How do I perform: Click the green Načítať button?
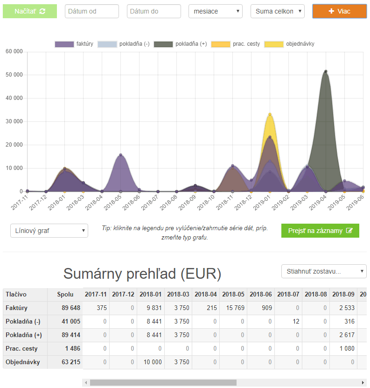pyautogui.click(x=30, y=11)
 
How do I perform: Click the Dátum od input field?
pyautogui.click(x=92, y=11)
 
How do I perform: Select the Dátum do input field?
pyautogui.click(x=154, y=11)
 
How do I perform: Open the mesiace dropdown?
pyautogui.click(x=216, y=11)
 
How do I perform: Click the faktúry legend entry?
pyautogui.click(x=74, y=44)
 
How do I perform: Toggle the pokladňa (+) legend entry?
pyautogui.click(x=180, y=44)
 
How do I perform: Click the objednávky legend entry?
pyautogui.click(x=289, y=44)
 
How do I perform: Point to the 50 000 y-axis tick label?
pyautogui.click(x=14, y=75)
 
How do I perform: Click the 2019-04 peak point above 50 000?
pyautogui.click(x=326, y=71)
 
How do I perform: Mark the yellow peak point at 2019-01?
pyautogui.click(x=270, y=114)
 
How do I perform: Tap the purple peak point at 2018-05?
pyautogui.click(x=121, y=155)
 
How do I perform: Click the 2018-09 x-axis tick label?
pyautogui.click(x=187, y=203)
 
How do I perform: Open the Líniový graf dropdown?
pyautogui.click(x=49, y=231)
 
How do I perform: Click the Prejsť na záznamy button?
pyautogui.click(x=320, y=231)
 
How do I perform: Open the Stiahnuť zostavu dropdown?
pyautogui.click(x=324, y=271)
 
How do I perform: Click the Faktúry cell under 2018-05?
pyautogui.click(x=233, y=308)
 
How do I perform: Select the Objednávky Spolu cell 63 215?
pyautogui.click(x=65, y=362)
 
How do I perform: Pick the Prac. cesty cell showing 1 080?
pyautogui.click(x=343, y=348)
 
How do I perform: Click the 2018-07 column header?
pyautogui.click(x=288, y=294)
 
